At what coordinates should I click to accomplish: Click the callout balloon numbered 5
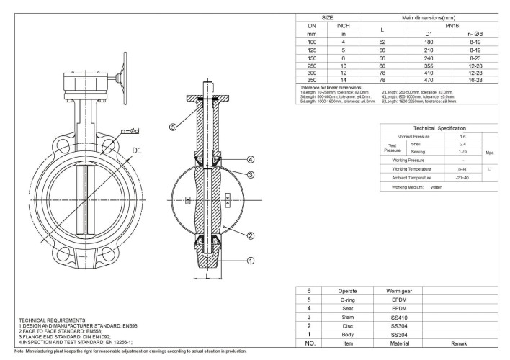(173, 127)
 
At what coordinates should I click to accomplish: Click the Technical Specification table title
(439, 127)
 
